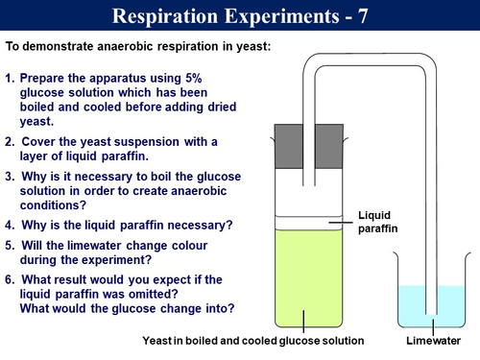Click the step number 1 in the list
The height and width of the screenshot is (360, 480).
tap(10, 76)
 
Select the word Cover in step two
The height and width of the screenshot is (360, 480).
tap(41, 141)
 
